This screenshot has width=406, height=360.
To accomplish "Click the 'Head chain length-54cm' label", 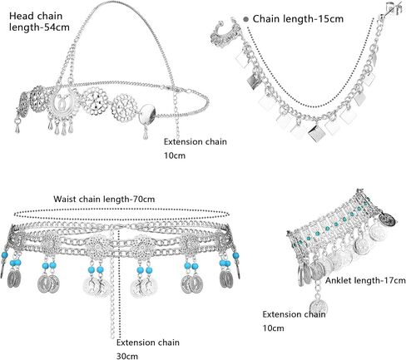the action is (x=39, y=22).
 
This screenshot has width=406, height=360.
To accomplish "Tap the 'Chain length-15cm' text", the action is (x=298, y=19).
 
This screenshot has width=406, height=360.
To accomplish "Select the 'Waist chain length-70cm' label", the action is (x=104, y=199).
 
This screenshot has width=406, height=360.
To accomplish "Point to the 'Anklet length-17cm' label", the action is (x=365, y=280).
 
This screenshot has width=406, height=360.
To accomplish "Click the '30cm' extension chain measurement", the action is (x=127, y=356).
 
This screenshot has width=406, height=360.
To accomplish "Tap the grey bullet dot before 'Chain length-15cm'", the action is (x=246, y=19).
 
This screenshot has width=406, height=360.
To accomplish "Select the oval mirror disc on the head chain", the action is (x=148, y=114).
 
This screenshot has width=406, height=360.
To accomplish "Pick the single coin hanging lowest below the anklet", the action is (x=319, y=307).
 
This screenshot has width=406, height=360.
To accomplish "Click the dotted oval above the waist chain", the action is (x=122, y=214).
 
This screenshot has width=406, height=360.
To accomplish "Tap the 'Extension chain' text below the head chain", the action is (x=196, y=141).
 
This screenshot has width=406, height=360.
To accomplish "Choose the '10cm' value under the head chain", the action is (x=175, y=155).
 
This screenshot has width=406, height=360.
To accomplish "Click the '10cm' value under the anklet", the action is (x=274, y=328).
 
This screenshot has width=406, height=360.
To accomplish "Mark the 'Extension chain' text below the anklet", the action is (x=294, y=314).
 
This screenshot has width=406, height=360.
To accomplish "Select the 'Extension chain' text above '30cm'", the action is (x=148, y=343).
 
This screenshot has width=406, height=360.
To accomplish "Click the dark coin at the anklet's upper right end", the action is (x=388, y=219).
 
